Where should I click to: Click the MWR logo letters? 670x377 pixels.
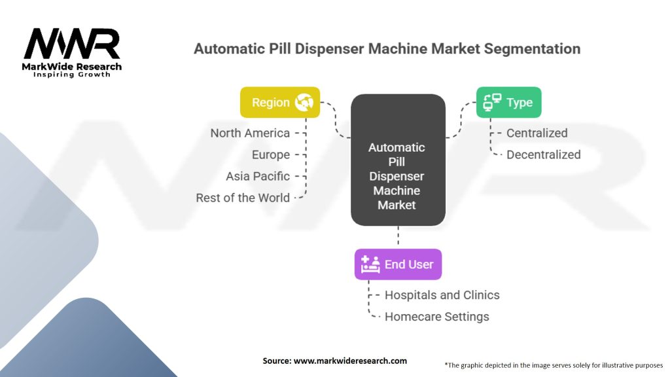[72, 45]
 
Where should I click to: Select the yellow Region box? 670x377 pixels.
[280, 102]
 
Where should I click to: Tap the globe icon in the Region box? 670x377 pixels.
[305, 102]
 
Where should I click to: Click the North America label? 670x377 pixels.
[250, 133]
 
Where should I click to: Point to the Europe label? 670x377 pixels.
[271, 154]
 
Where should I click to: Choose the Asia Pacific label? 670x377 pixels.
[258, 176]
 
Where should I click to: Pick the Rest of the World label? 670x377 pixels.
[243, 198]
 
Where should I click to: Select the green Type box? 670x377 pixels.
[508, 102]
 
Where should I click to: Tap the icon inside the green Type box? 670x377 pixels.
[492, 102]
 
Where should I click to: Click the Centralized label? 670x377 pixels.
[537, 133]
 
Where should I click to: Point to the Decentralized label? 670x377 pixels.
[543, 154]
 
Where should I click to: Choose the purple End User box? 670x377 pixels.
[398, 264]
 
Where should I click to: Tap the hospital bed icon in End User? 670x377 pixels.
[370, 264]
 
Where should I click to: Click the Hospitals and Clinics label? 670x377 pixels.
[442, 295]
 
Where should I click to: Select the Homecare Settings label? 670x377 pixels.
[436, 317]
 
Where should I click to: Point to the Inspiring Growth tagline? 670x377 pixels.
[72, 75]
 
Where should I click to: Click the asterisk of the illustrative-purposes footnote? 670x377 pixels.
[446, 364]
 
